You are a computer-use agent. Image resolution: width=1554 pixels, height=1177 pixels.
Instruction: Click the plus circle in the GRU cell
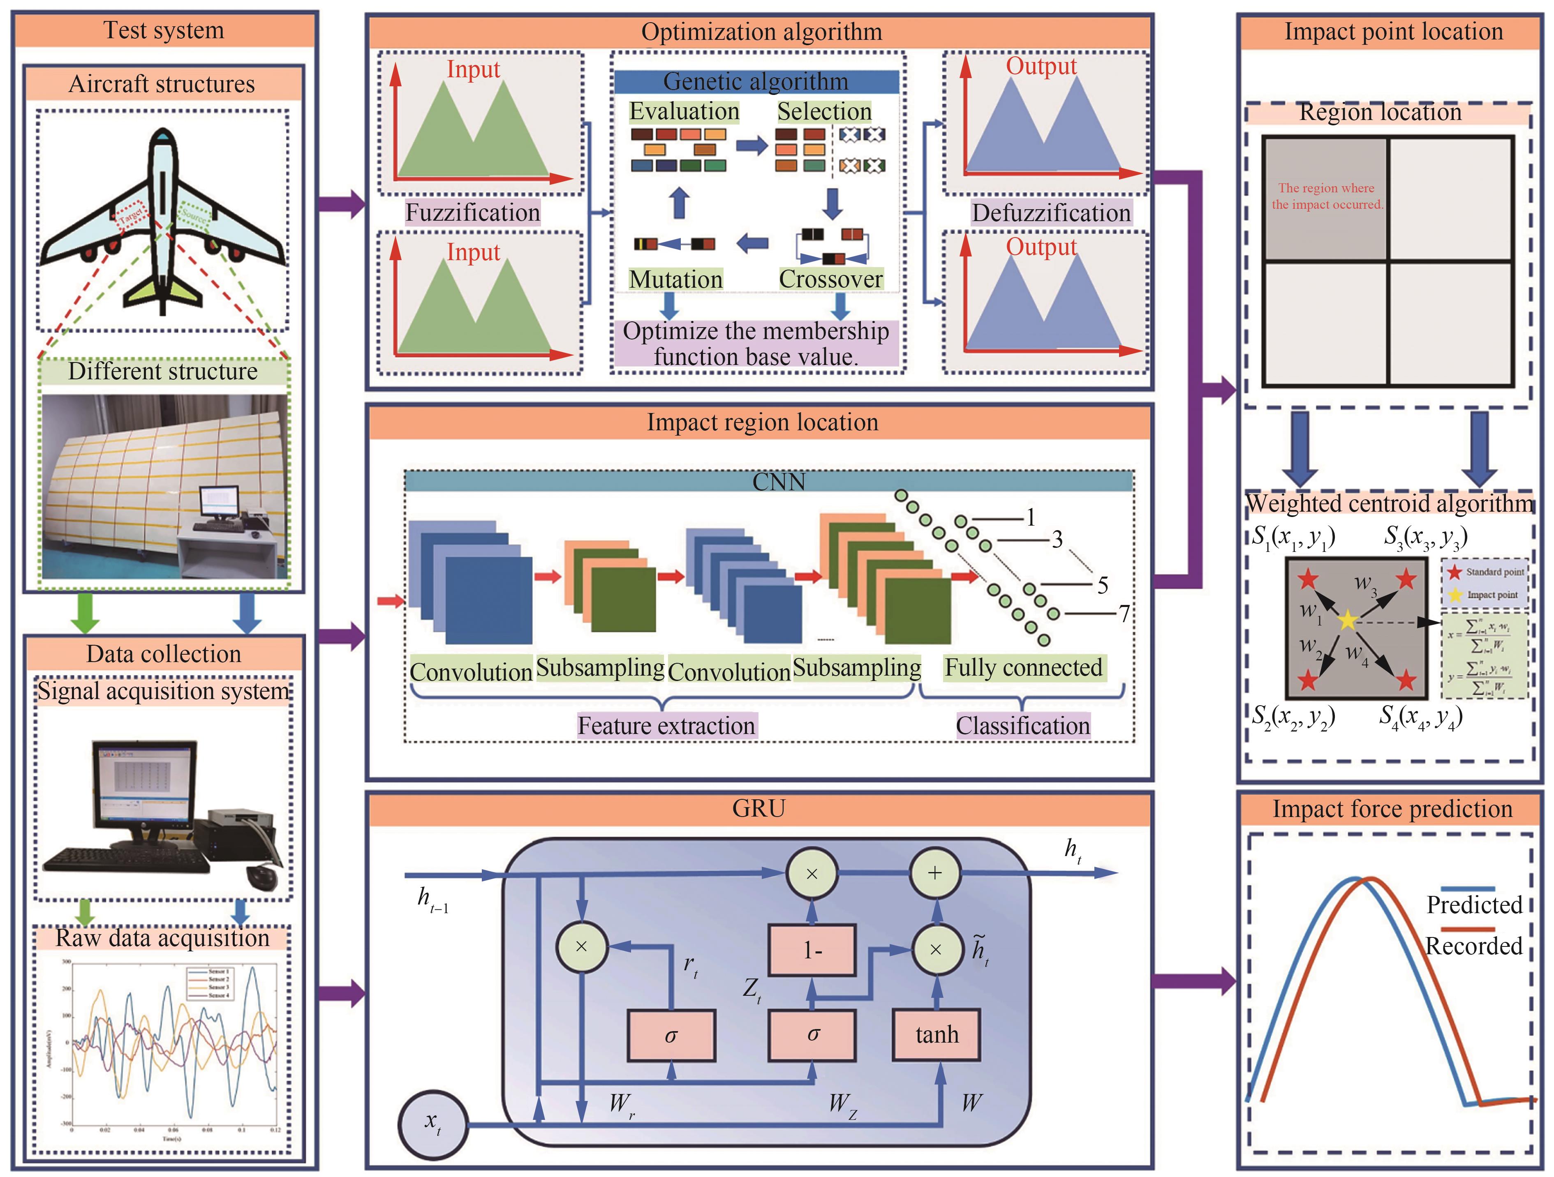coord(934,874)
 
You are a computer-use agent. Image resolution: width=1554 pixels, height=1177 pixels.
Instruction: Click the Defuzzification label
coord(1051,212)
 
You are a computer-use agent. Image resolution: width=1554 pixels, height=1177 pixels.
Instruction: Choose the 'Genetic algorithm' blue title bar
coord(756,81)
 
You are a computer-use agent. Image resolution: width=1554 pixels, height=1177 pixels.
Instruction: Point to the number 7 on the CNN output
coord(1124,614)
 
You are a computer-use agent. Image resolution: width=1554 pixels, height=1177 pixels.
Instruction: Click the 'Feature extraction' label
coord(666,725)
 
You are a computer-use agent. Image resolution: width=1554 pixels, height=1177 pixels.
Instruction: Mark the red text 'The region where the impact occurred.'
coord(1326,196)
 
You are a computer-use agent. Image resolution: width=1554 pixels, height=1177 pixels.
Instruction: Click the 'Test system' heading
coord(164,30)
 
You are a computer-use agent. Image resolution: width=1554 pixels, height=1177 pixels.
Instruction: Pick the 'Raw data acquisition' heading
coord(162,938)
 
